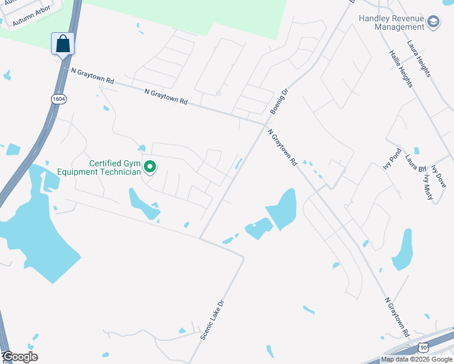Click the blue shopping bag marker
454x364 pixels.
pyautogui.click(x=63, y=44)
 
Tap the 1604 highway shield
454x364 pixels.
pyautogui.click(x=58, y=98)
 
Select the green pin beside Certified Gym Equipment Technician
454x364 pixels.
pyautogui.click(x=149, y=166)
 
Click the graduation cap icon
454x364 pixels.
pyautogui.click(x=433, y=23)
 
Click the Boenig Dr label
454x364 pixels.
pyautogui.click(x=279, y=101)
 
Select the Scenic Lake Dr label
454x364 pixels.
pyautogui.click(x=212, y=319)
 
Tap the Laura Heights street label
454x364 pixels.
pyautogui.click(x=419, y=59)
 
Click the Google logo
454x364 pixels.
pyautogui.click(x=20, y=357)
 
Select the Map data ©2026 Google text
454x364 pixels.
pyautogui.click(x=416, y=359)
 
